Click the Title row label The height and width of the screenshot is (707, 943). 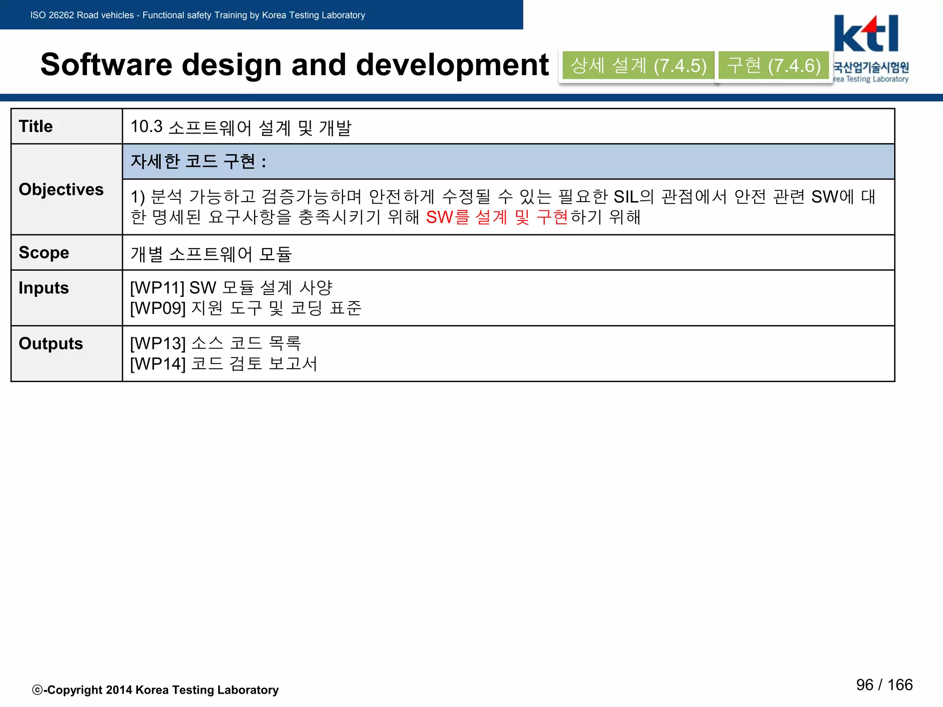tap(35, 127)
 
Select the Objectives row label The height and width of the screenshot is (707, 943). tap(61, 190)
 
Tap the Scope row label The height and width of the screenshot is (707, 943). tap(44, 253)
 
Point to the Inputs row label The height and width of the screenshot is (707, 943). tap(43, 288)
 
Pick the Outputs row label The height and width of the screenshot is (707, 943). tap(51, 344)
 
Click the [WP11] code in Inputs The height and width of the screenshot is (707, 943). tap(157, 288)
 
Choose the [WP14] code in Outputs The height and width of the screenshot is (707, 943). tap(157, 364)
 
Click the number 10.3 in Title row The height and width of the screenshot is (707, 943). tap(146, 127)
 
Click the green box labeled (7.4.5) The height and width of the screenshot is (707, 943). tap(638, 66)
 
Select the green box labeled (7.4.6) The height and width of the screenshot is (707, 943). tap(774, 66)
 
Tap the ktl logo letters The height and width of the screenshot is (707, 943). tap(866, 35)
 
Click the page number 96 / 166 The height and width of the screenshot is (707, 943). tap(884, 685)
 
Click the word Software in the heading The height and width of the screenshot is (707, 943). tap(106, 64)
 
